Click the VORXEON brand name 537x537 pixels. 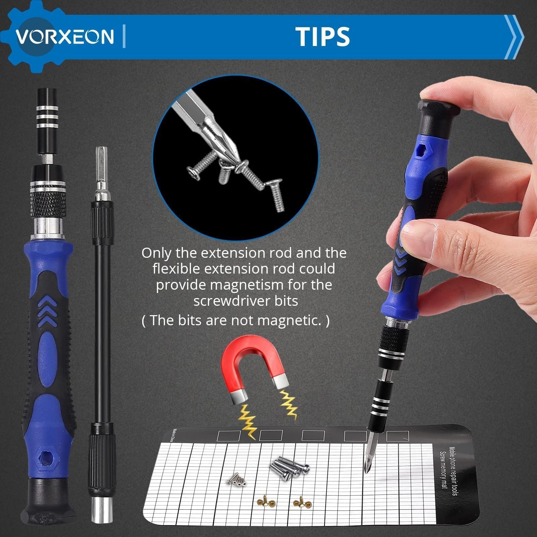[x=65, y=37]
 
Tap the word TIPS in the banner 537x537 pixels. [x=323, y=36]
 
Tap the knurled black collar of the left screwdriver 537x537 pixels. [x=45, y=204]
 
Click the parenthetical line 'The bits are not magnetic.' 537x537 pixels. [x=236, y=321]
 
